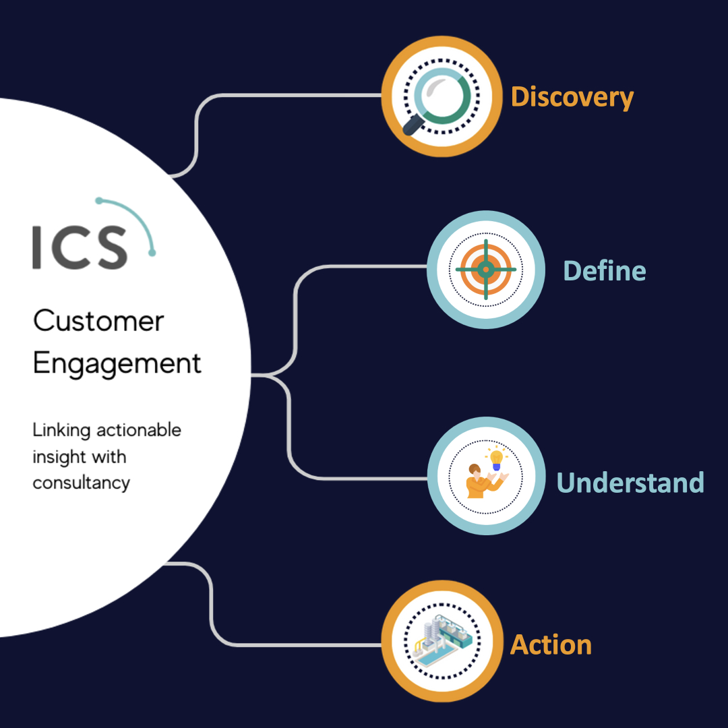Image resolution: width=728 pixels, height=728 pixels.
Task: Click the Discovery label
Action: pyautogui.click(x=572, y=98)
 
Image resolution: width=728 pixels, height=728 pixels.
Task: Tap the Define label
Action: pyautogui.click(x=604, y=271)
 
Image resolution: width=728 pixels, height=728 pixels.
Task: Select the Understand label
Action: pyautogui.click(x=630, y=482)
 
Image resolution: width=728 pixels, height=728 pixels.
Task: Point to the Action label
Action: pyautogui.click(x=551, y=645)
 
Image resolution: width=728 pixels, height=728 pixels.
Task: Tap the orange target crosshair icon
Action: pyautogui.click(x=485, y=269)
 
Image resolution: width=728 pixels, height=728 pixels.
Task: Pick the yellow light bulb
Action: pyautogui.click(x=496, y=459)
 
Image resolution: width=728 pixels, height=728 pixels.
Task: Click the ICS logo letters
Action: pyautogui.click(x=80, y=247)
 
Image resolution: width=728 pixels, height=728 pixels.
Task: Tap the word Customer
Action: pyautogui.click(x=98, y=321)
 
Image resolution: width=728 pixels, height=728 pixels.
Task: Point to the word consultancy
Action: pyautogui.click(x=82, y=483)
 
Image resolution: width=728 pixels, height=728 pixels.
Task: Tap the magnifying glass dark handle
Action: pyautogui.click(x=412, y=125)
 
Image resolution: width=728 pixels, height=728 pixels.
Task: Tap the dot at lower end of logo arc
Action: pyautogui.click(x=152, y=253)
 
